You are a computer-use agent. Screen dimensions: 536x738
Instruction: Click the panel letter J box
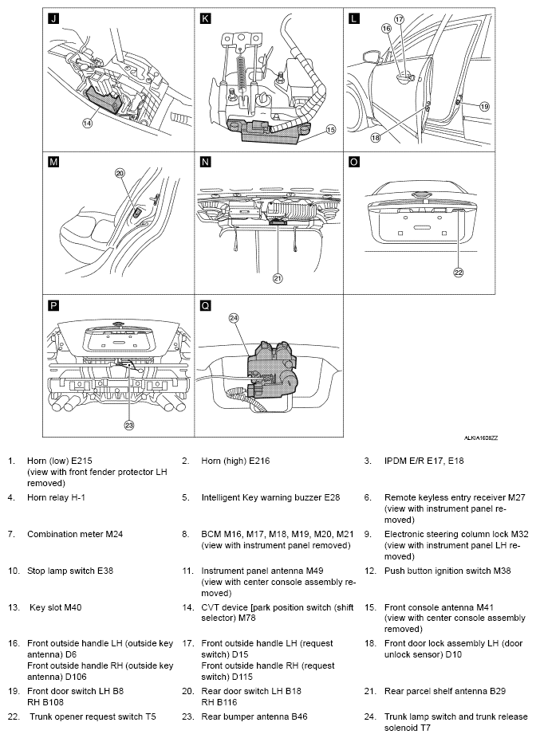[x=53, y=18]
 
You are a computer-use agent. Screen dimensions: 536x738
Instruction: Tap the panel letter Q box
[x=205, y=306]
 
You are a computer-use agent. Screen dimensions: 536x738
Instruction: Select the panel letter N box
[x=205, y=162]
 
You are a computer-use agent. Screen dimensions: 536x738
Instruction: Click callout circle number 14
[x=88, y=124]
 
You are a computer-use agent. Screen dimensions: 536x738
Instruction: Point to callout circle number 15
[x=331, y=129]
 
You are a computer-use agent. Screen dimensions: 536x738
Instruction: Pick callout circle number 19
[x=485, y=106]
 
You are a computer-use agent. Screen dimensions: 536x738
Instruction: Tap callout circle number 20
[x=120, y=173]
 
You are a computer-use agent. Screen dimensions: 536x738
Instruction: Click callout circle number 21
[x=278, y=279]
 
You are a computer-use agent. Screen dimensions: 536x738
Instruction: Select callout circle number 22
[x=459, y=273]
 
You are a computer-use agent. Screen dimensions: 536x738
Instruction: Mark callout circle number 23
[x=129, y=425]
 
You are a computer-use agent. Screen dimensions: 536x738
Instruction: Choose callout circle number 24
[x=234, y=318]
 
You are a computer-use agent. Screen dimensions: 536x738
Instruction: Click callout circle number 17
[x=399, y=19]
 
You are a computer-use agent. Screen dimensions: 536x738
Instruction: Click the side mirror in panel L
[x=372, y=58]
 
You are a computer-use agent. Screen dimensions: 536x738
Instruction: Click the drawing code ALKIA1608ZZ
[x=481, y=438]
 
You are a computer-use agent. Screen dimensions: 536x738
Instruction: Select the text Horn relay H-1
[x=56, y=497]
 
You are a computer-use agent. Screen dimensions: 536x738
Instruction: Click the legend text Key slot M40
[x=56, y=607]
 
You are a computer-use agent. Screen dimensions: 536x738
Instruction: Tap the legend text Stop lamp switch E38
[x=70, y=571]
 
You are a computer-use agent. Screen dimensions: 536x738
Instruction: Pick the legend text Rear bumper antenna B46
[x=254, y=716]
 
